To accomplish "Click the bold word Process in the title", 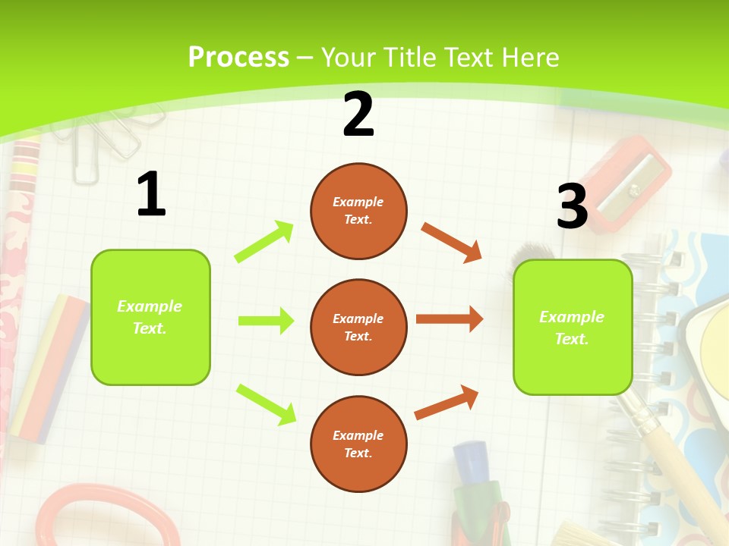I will [x=238, y=57].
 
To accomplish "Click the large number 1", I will [x=151, y=194].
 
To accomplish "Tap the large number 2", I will [x=358, y=115].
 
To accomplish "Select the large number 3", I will [x=572, y=206].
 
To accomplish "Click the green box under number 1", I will [x=150, y=317].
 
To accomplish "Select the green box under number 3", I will [x=573, y=327].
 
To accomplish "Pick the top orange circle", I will [x=358, y=211].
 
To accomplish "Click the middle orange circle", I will [x=358, y=327].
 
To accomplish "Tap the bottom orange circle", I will [x=358, y=444].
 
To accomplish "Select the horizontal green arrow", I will [x=266, y=321].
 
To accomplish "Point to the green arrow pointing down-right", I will [x=266, y=404].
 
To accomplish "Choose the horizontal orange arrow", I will [x=450, y=319].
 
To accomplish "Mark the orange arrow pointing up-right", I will [x=447, y=403].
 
